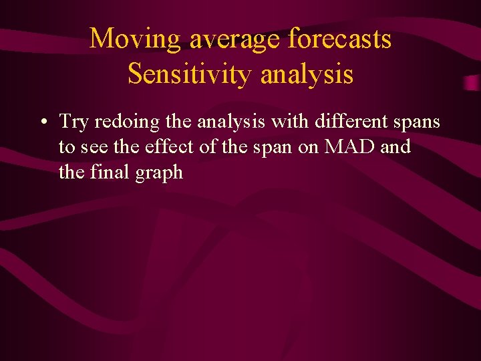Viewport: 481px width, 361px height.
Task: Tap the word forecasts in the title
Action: click(340, 39)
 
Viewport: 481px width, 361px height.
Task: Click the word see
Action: click(94, 147)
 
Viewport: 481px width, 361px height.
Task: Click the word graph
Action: click(158, 173)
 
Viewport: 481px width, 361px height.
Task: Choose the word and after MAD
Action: click(395, 146)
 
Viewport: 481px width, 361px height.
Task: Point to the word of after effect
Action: click(208, 146)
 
